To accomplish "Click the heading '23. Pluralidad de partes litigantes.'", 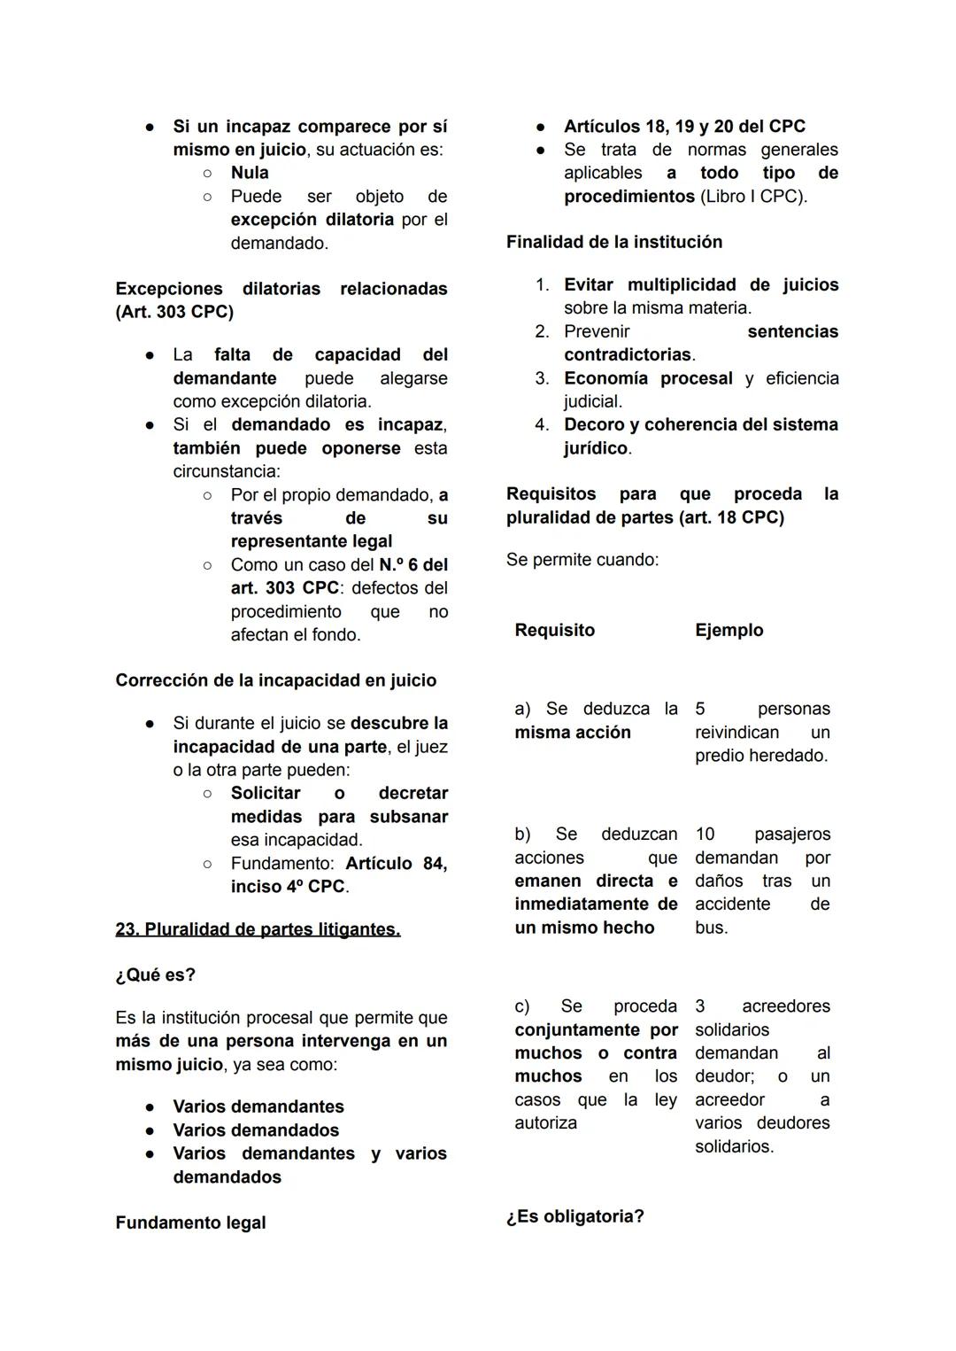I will [258, 929].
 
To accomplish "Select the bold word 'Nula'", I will [250, 173].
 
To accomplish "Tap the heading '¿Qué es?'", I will [155, 974].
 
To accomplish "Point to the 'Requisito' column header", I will [554, 630].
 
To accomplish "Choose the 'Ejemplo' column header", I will [729, 630].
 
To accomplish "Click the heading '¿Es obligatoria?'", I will [574, 1216].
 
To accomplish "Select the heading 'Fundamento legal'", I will [190, 1223].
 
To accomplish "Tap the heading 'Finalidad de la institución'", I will [614, 242].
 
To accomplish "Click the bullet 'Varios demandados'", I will [256, 1130].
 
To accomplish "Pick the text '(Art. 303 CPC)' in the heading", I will [174, 312].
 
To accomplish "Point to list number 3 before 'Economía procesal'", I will [542, 378].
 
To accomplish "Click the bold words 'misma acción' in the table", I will [573, 733].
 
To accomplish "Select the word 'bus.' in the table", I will [712, 928].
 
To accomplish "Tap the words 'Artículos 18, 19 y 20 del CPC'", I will [684, 127].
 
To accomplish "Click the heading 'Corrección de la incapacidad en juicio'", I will [275, 680].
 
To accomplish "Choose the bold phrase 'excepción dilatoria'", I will [312, 219].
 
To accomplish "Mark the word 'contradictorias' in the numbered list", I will [628, 354].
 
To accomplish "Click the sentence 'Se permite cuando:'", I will [582, 560].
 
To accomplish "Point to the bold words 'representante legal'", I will [312, 541].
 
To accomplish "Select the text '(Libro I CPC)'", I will [752, 196].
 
